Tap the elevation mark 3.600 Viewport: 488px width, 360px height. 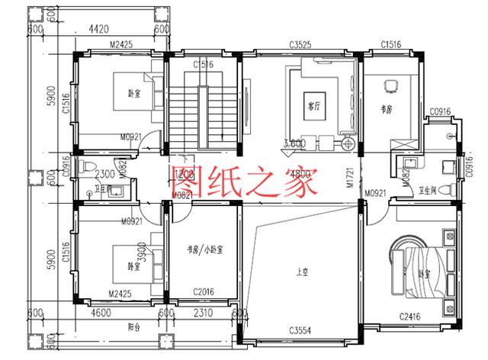[x=295, y=143]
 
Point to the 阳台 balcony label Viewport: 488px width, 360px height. [x=135, y=326]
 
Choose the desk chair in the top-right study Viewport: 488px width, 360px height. [x=393, y=85]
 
